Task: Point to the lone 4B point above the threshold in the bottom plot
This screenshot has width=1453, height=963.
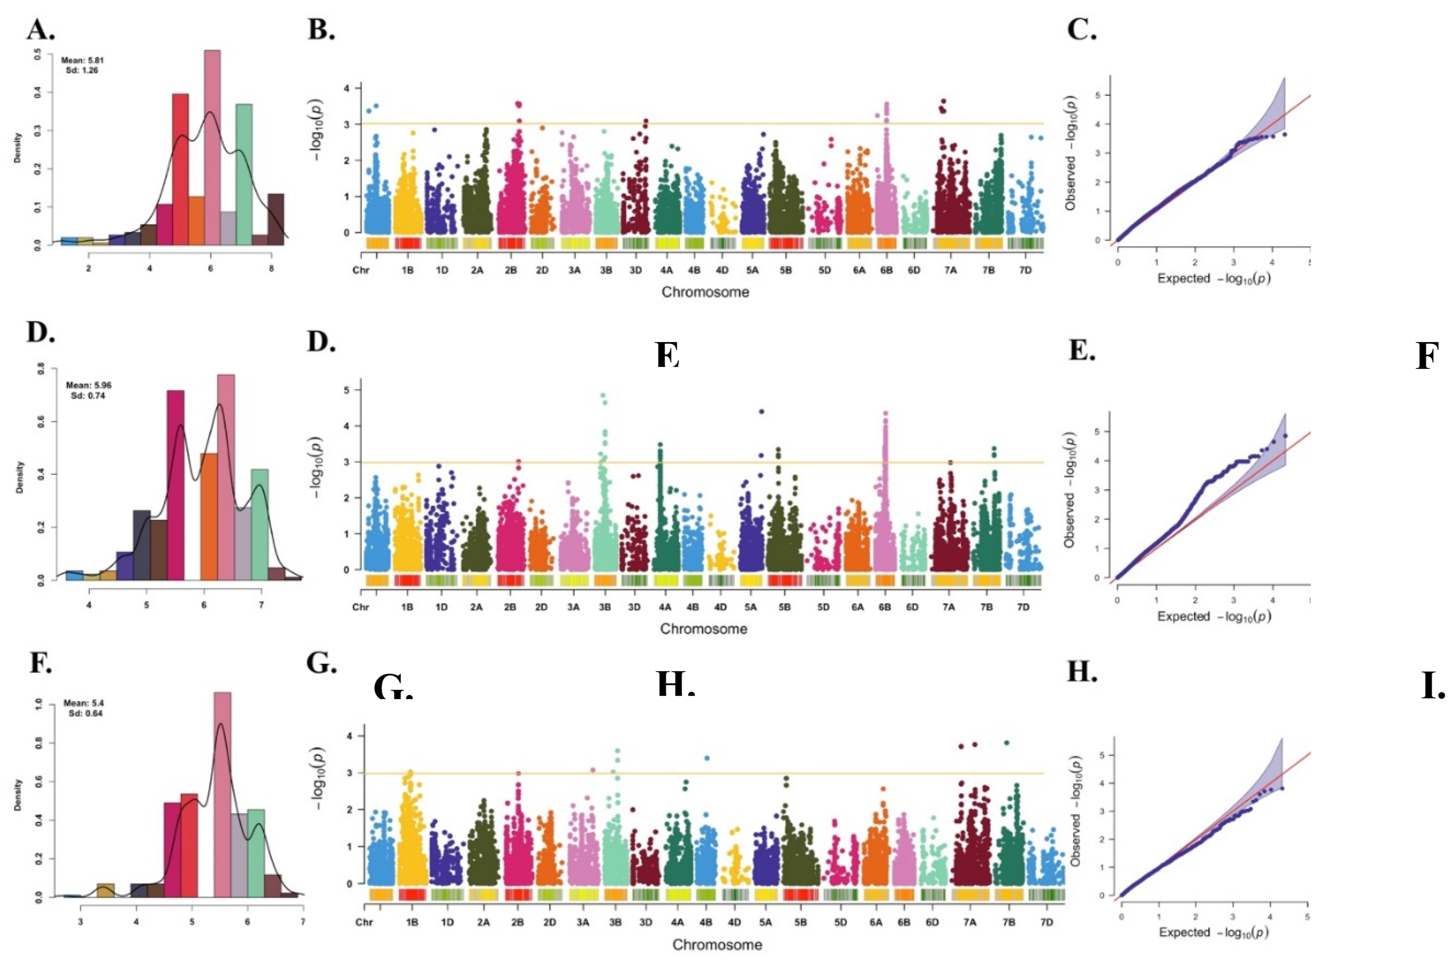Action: pyautogui.click(x=707, y=758)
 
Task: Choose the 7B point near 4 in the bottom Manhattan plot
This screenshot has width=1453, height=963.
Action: pyautogui.click(x=1006, y=743)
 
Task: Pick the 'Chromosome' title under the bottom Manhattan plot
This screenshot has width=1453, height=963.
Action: pyautogui.click(x=717, y=945)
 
